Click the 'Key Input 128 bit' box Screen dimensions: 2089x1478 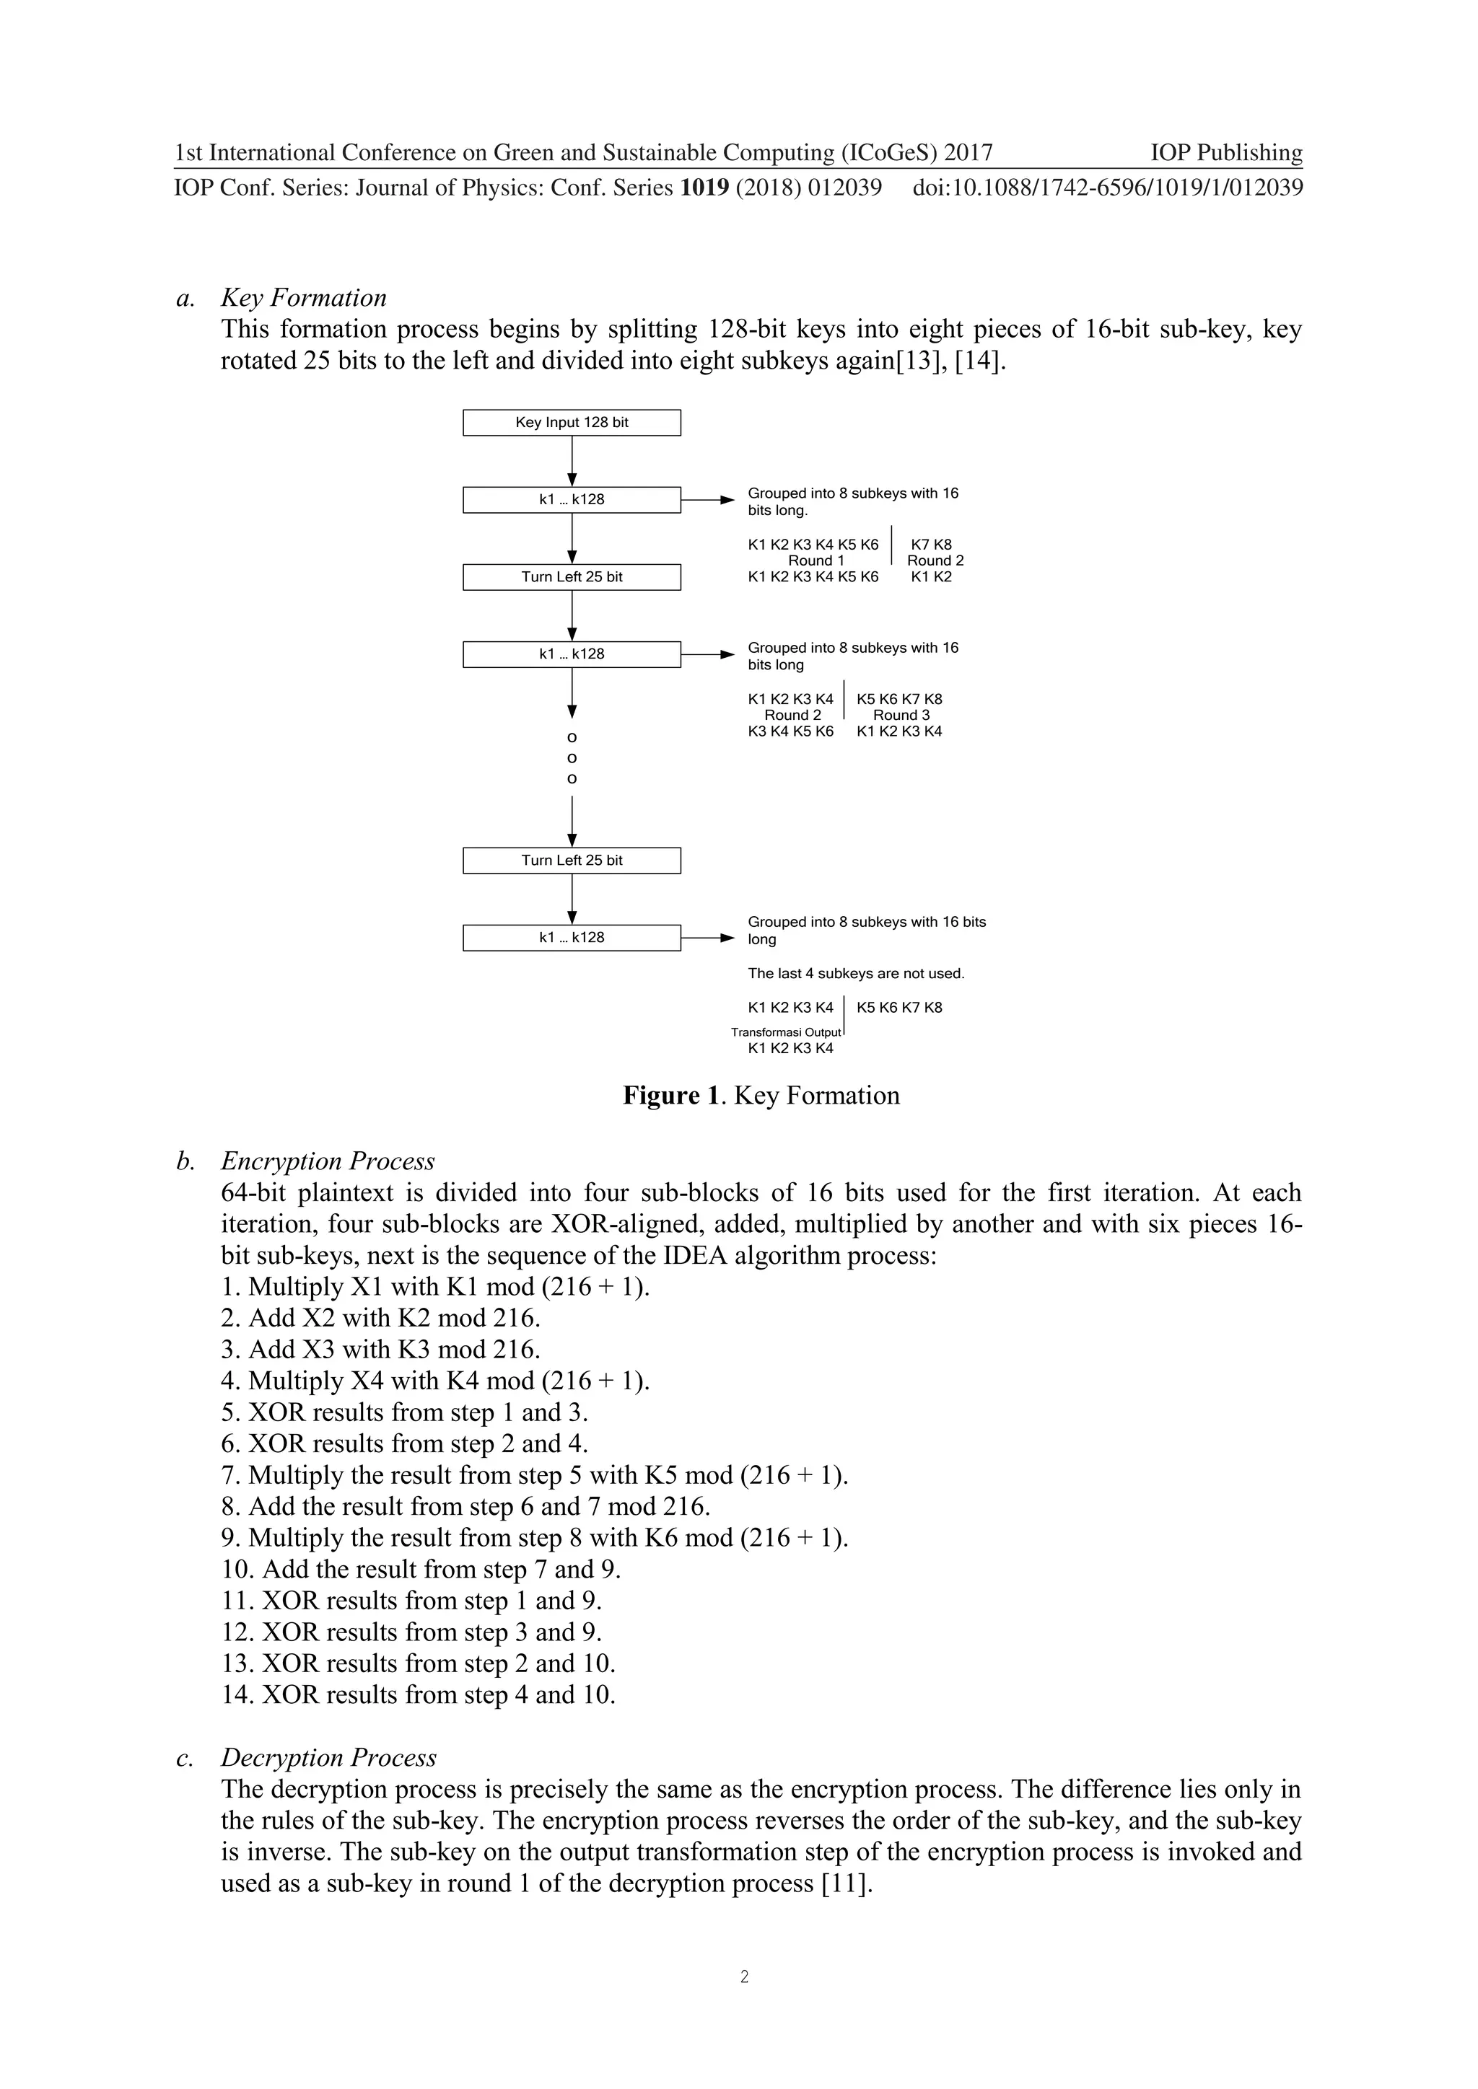pos(572,422)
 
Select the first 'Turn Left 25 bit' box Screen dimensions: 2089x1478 pos(572,577)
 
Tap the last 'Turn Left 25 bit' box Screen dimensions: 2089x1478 pos(572,860)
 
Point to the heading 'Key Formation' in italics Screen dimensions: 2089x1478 pos(303,297)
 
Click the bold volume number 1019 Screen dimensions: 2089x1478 pos(704,188)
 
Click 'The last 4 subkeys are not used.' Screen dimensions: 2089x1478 pos(855,974)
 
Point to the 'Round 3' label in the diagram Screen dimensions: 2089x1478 pos(901,715)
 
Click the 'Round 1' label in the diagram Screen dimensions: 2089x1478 pos(815,560)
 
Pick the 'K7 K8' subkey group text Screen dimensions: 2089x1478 pos(931,544)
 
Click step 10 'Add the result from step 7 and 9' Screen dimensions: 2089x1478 pos(421,1569)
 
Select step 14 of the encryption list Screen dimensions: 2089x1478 pos(419,1694)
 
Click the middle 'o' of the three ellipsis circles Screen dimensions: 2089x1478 pos(572,758)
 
